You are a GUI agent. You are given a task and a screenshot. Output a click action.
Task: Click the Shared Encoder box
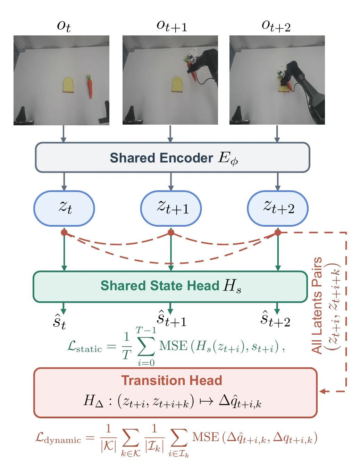pyautogui.click(x=173, y=157)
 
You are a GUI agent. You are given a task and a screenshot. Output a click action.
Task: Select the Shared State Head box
pyautogui.click(x=170, y=286)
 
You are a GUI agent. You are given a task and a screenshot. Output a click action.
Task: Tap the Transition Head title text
pyautogui.click(x=171, y=380)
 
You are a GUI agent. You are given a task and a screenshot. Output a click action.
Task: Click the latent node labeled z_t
pyautogui.click(x=64, y=208)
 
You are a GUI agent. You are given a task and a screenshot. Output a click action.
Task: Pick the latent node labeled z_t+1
pyautogui.click(x=171, y=208)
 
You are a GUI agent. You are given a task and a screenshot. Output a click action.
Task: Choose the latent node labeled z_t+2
pyautogui.click(x=278, y=208)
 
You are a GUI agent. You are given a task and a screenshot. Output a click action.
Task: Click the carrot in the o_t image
pyautogui.click(x=89, y=86)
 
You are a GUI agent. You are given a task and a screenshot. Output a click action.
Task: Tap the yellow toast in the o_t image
pyautogui.click(x=68, y=85)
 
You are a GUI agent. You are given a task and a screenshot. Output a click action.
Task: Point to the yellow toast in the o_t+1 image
pyautogui.click(x=177, y=85)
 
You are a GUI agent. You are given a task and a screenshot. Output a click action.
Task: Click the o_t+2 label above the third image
pyautogui.click(x=276, y=26)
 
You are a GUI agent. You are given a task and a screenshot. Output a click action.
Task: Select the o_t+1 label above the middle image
pyautogui.click(x=171, y=26)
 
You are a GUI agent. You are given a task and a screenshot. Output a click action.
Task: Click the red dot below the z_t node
pyautogui.click(x=64, y=233)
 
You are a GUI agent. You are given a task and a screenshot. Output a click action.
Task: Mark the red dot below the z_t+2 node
pyautogui.click(x=278, y=233)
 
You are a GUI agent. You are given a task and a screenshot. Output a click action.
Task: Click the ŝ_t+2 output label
pyautogui.click(x=275, y=319)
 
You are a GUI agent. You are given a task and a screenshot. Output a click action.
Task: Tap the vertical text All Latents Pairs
pyautogui.click(x=317, y=305)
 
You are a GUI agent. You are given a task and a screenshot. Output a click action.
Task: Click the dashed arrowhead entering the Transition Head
pyautogui.click(x=323, y=391)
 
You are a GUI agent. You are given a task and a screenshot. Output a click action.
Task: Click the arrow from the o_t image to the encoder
pyautogui.click(x=63, y=134)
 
